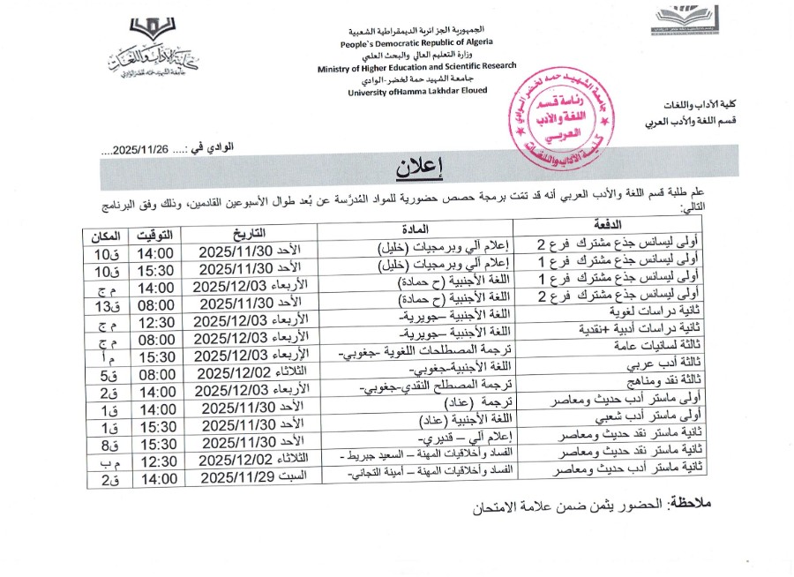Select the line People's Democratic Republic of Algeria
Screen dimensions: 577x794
(x=416, y=41)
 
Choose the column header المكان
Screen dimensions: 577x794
(x=106, y=235)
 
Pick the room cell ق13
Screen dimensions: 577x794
(x=106, y=305)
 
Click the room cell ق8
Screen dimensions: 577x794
(x=106, y=445)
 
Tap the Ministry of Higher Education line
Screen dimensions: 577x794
(x=416, y=67)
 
